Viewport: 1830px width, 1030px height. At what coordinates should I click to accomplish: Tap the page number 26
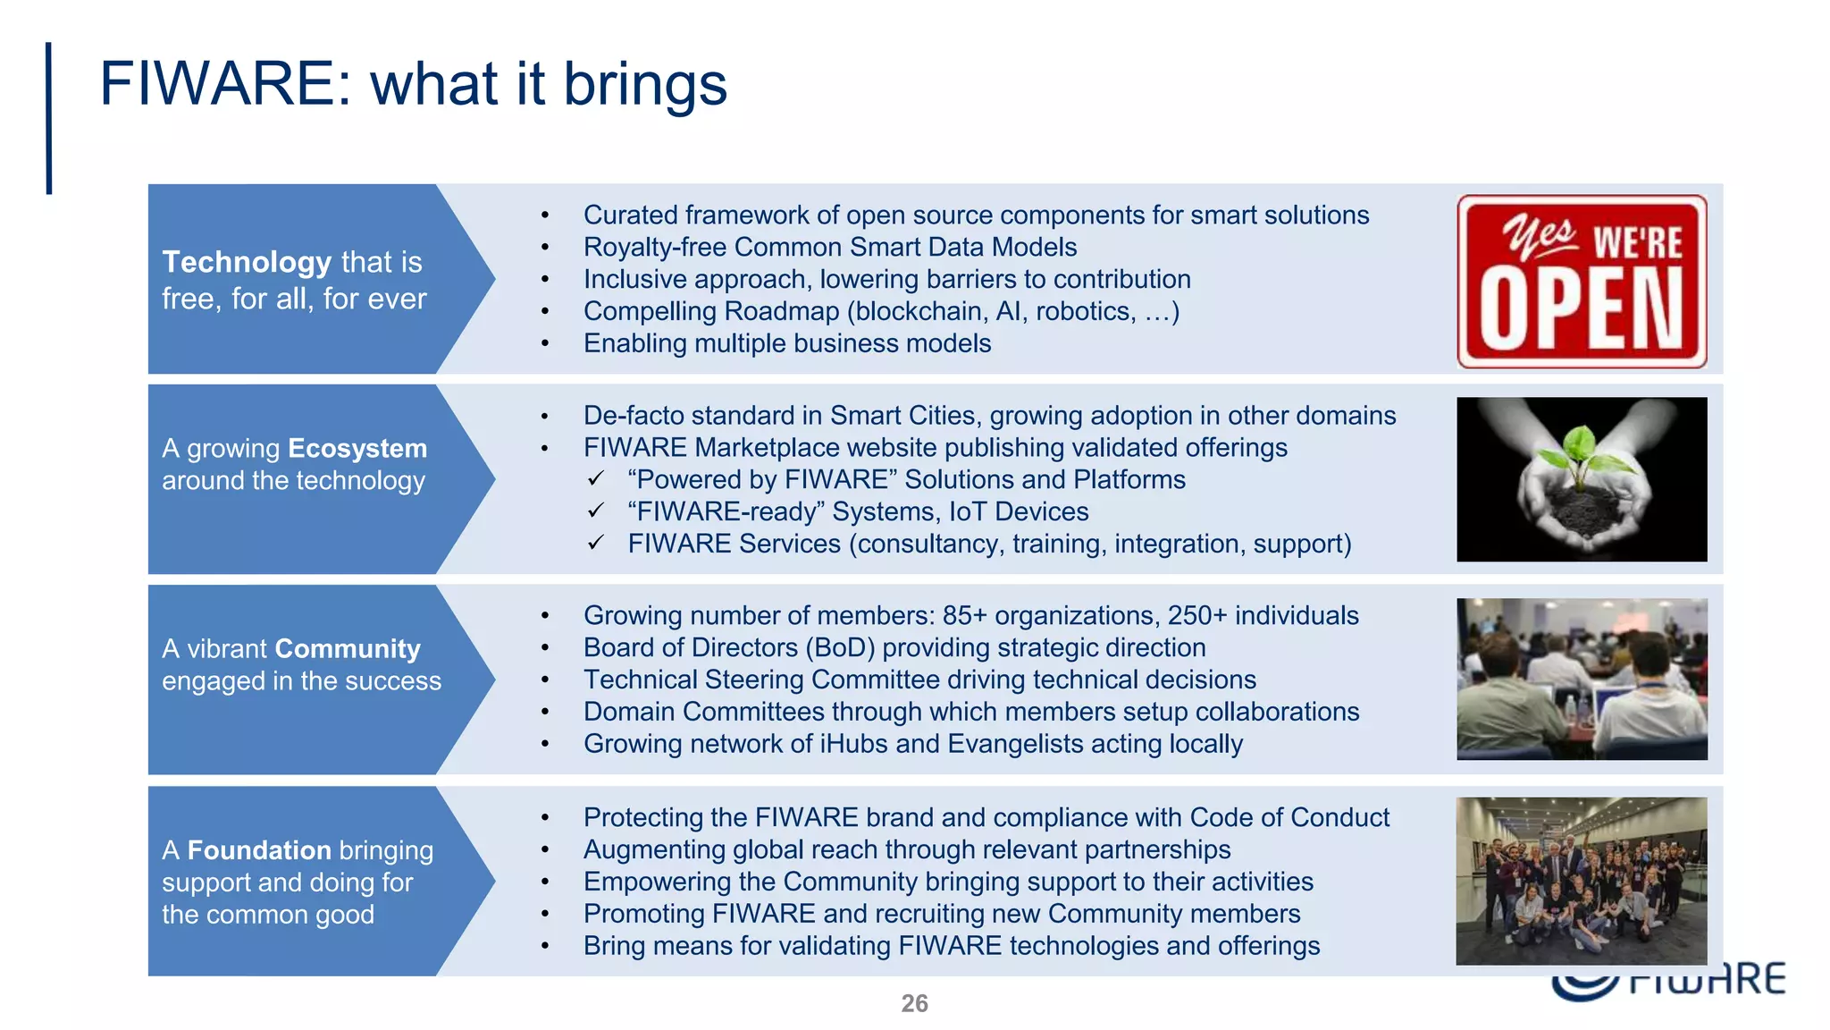(x=914, y=1003)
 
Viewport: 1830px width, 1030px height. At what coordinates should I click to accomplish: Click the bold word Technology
(x=247, y=262)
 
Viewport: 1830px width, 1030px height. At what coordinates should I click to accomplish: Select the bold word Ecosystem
(x=357, y=448)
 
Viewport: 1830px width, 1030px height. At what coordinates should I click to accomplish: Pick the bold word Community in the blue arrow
(x=348, y=648)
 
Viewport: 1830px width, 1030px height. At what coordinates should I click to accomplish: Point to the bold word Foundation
(x=259, y=849)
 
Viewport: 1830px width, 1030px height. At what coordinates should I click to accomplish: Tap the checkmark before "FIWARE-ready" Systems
(x=596, y=511)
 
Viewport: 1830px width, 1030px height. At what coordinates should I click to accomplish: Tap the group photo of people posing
(x=1581, y=881)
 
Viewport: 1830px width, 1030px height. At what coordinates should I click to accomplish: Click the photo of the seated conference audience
(x=1581, y=680)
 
